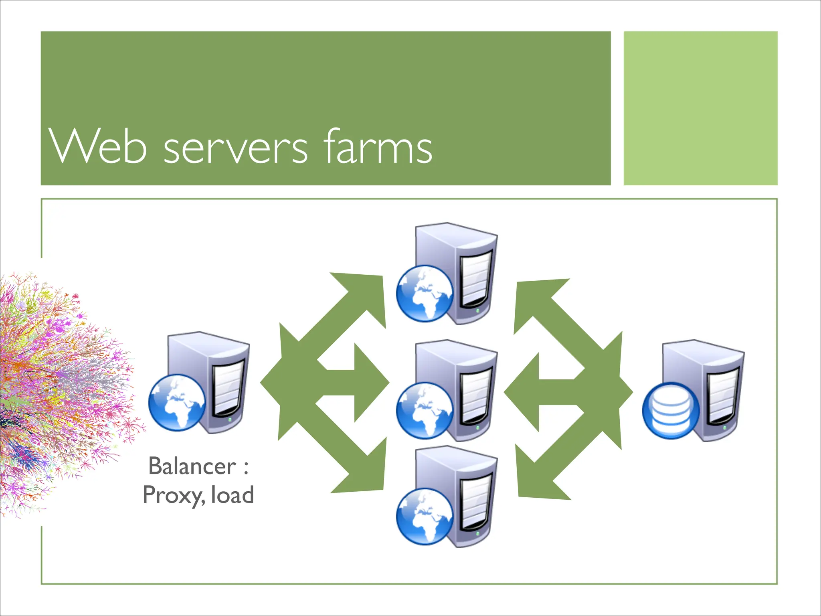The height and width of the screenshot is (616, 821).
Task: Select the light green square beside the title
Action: click(700, 108)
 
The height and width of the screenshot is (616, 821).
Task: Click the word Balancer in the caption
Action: click(192, 466)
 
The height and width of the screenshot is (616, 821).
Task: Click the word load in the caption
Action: click(233, 494)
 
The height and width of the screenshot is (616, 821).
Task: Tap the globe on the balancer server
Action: click(177, 403)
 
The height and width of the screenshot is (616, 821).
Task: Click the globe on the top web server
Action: click(425, 294)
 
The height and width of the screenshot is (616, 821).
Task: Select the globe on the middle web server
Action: click(425, 411)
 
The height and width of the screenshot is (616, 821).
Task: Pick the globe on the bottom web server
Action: click(425, 517)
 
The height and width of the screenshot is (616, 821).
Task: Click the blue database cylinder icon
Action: click(671, 411)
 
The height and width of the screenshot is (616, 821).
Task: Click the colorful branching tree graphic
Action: click(60, 393)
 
